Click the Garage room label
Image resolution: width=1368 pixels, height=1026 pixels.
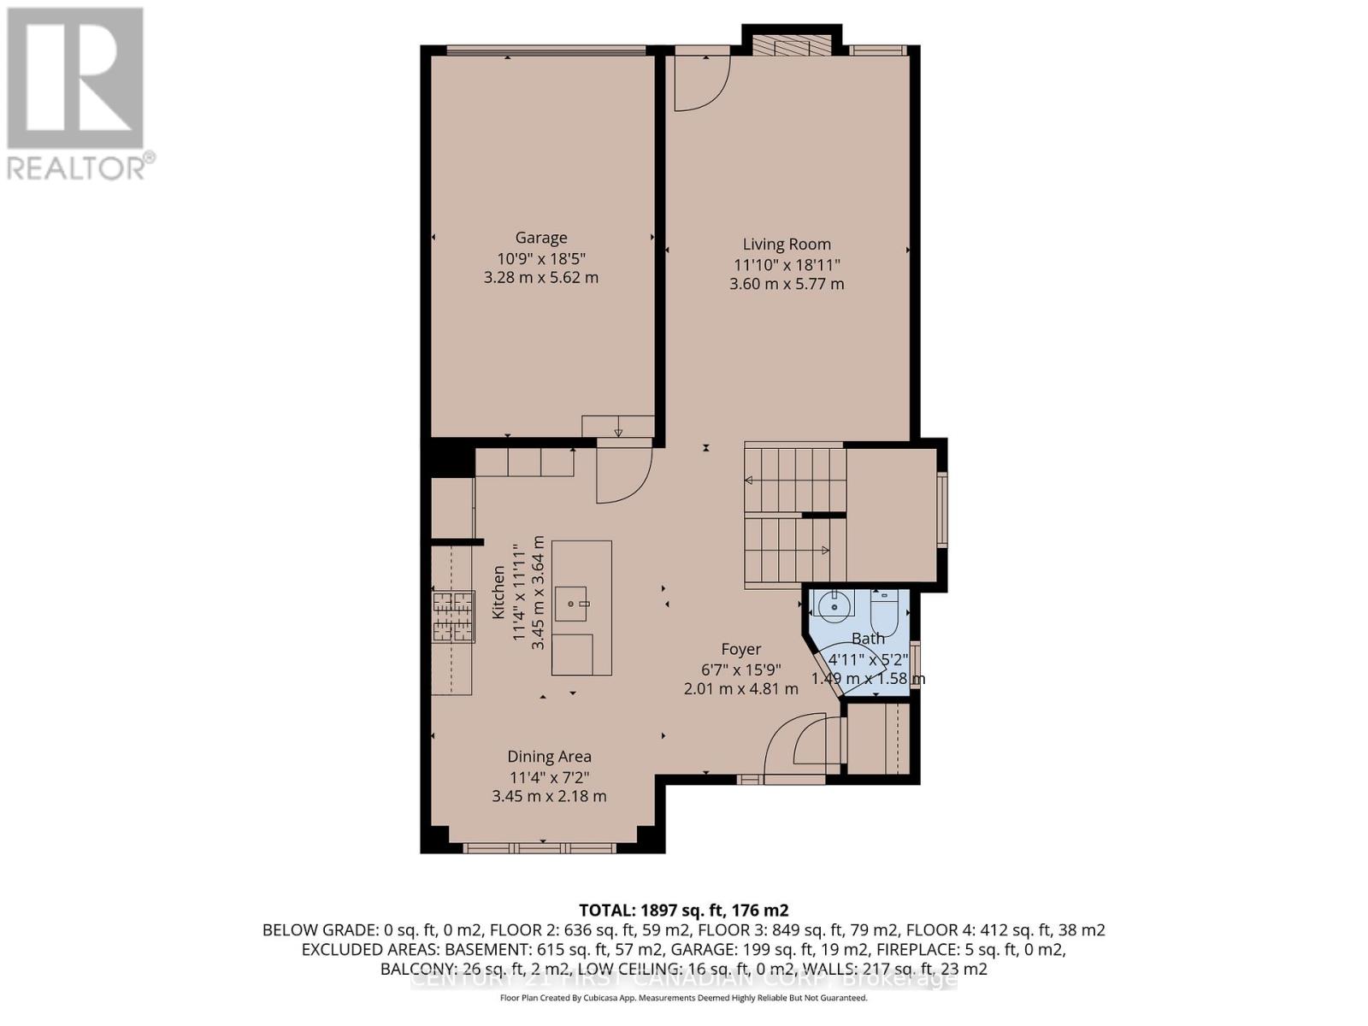(x=540, y=238)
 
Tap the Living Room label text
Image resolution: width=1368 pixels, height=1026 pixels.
(x=786, y=245)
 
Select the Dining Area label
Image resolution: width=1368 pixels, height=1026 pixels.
(x=549, y=757)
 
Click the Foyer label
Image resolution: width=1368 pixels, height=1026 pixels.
(x=740, y=649)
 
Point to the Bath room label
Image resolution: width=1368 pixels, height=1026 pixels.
(x=868, y=638)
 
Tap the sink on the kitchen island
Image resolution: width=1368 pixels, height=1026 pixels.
(x=573, y=604)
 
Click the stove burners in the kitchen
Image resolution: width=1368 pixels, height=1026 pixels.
(x=452, y=616)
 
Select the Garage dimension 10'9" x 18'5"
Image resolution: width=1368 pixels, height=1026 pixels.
(x=540, y=257)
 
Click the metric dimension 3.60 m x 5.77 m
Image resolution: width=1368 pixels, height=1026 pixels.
(x=786, y=284)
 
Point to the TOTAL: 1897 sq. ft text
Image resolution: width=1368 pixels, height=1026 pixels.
(x=683, y=910)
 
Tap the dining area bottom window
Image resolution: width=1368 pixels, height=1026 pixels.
(x=540, y=848)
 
